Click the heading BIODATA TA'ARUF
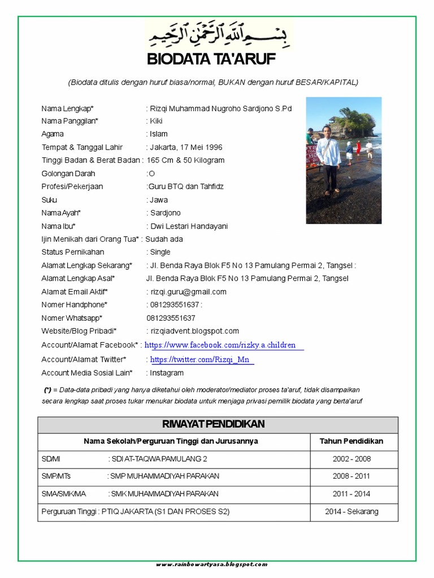coord(211,59)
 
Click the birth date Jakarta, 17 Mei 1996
coord(186,147)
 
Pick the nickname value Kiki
coord(157,121)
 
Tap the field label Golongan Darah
coord(68,174)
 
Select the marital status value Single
coord(160,252)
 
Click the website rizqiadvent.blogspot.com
coord(194,331)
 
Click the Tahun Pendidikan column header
coord(351,441)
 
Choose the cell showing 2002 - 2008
coord(351,459)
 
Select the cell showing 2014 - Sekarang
coord(351,512)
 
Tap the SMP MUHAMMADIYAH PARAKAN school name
coord(164,476)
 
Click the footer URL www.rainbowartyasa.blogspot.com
coord(212,564)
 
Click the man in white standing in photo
coord(328,158)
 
